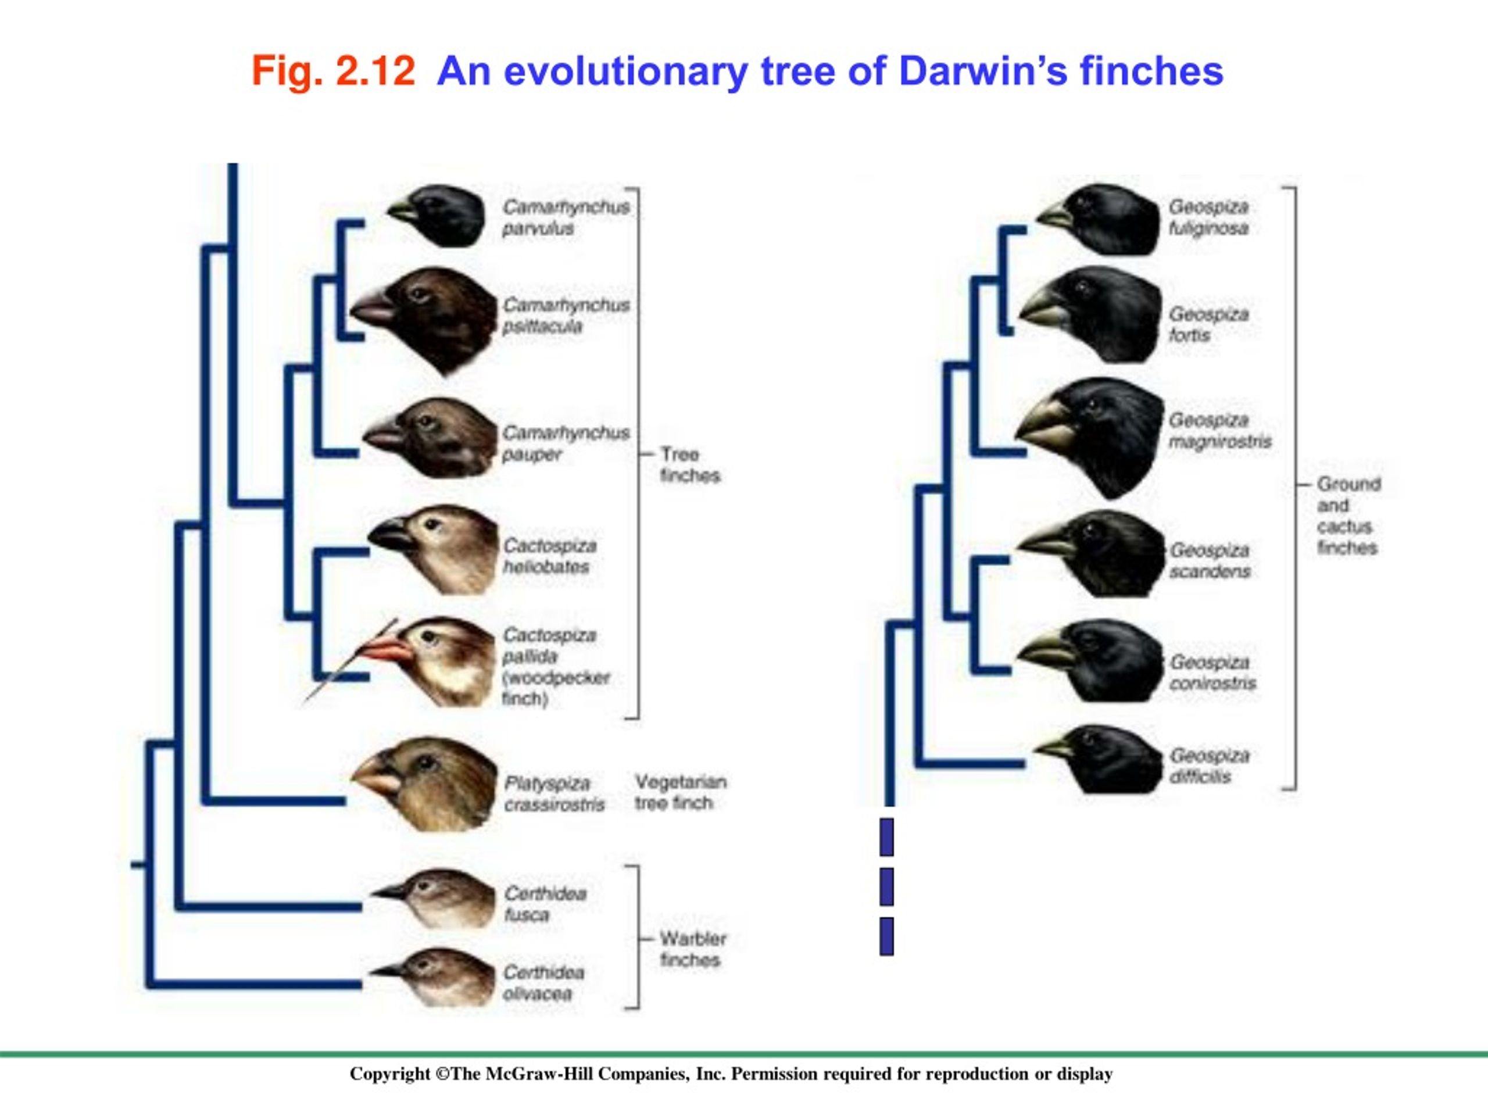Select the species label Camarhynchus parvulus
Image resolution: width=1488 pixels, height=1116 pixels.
click(x=566, y=217)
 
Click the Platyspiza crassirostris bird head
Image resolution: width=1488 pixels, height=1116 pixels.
click(x=424, y=784)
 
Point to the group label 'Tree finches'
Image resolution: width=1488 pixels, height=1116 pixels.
click(x=689, y=465)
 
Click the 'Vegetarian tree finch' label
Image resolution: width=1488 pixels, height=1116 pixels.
click(x=681, y=792)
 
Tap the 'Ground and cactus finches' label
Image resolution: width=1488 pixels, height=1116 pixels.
click(x=1348, y=516)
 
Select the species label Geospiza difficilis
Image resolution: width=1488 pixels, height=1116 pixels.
click(x=1210, y=766)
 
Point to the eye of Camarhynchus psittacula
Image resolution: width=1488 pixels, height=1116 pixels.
click(x=420, y=295)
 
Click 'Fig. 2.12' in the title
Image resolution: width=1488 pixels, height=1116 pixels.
click(x=333, y=71)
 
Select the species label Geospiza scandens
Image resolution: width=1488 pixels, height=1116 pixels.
click(x=1210, y=561)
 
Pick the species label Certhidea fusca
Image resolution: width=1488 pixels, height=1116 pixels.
click(x=545, y=904)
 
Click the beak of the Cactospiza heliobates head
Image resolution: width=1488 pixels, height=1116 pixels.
click(x=392, y=535)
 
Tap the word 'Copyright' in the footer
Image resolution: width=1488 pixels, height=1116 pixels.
click(x=389, y=1074)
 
